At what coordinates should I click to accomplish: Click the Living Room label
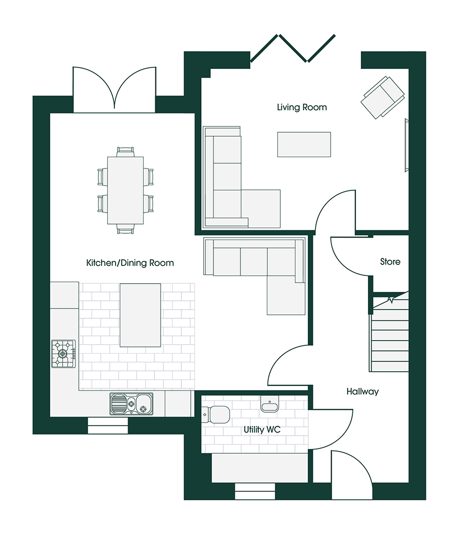(302, 107)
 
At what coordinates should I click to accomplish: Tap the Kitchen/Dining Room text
(130, 263)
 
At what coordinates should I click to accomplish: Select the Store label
(390, 262)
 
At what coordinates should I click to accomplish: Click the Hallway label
(362, 392)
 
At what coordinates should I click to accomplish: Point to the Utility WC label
(262, 430)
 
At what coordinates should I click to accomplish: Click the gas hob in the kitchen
(63, 354)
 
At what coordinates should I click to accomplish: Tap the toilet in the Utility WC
(216, 414)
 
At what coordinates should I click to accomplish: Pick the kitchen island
(140, 315)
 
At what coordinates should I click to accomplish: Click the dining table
(125, 190)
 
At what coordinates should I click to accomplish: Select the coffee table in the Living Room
(304, 144)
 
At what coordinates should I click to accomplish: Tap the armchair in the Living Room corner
(383, 97)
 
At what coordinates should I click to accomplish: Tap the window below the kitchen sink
(107, 426)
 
